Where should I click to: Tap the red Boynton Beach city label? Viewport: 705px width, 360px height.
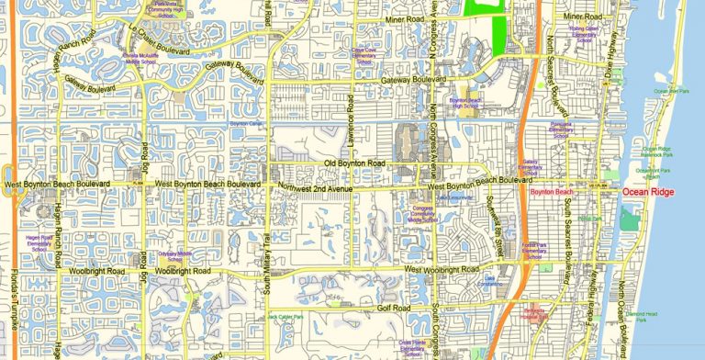551,191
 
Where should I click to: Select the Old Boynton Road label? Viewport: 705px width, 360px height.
355,163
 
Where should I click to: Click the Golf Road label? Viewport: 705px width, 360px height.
392,309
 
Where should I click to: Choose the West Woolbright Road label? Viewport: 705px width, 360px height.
442,269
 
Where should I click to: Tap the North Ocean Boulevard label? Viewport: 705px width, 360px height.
620,303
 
